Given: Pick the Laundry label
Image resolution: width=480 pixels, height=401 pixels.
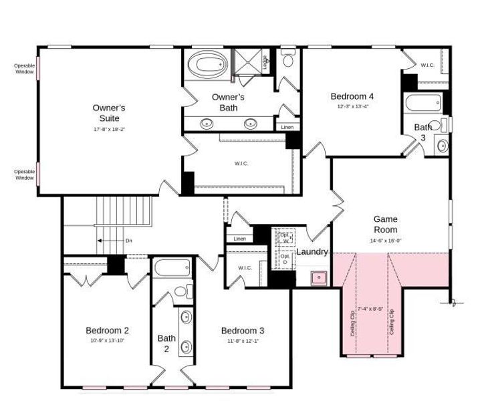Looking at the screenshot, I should [312, 252].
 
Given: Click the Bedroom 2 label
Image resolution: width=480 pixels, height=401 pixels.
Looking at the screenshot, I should [107, 330].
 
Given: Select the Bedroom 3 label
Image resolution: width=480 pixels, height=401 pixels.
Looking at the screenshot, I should [243, 330].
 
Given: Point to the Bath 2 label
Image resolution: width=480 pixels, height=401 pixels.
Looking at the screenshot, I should [166, 343].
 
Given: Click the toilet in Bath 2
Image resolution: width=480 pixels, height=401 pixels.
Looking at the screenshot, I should [179, 292].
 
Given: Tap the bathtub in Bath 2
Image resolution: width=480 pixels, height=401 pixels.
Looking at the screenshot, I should [172, 268].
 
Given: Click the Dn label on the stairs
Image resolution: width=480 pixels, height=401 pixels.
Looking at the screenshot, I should [128, 241].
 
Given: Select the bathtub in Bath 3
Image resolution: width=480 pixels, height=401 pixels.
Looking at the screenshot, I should [423, 104].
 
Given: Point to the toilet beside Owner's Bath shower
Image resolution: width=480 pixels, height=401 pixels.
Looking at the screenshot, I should [288, 61].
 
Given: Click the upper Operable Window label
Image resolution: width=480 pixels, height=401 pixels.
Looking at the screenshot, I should [24, 68].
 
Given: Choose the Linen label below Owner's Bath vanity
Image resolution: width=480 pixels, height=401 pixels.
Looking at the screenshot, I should [287, 127].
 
